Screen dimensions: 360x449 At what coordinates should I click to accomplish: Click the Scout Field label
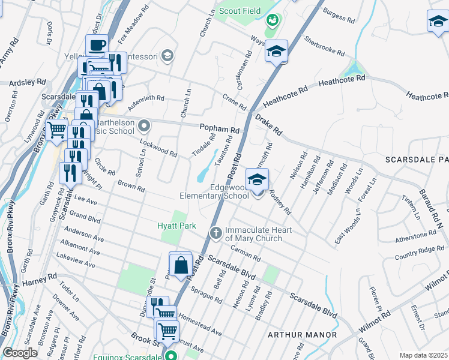pyautogui.click(x=240, y=10)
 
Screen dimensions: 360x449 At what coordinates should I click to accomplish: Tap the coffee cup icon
pyautogui.click(x=97, y=45)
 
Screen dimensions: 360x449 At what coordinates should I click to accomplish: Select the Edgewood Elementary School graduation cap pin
pyautogui.click(x=257, y=180)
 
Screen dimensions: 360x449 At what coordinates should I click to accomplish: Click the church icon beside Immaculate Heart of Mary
pyautogui.click(x=215, y=232)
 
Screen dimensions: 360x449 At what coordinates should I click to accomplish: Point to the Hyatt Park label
pyautogui.click(x=176, y=226)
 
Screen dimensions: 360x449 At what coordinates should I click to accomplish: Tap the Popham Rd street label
pyautogui.click(x=219, y=129)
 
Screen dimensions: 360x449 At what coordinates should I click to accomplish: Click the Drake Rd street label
pyautogui.click(x=268, y=124)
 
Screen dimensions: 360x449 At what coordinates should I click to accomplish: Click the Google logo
pyautogui.click(x=20, y=353)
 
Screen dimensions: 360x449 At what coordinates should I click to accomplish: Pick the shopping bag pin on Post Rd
pyautogui.click(x=181, y=264)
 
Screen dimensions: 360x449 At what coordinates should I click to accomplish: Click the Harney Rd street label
pyautogui.click(x=39, y=280)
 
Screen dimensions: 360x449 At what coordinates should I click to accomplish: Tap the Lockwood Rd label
pyautogui.click(x=158, y=148)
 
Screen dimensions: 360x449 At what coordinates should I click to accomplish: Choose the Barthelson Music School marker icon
pyautogui.click(x=143, y=126)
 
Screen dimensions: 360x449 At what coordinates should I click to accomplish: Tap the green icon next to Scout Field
pyautogui.click(x=273, y=20)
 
